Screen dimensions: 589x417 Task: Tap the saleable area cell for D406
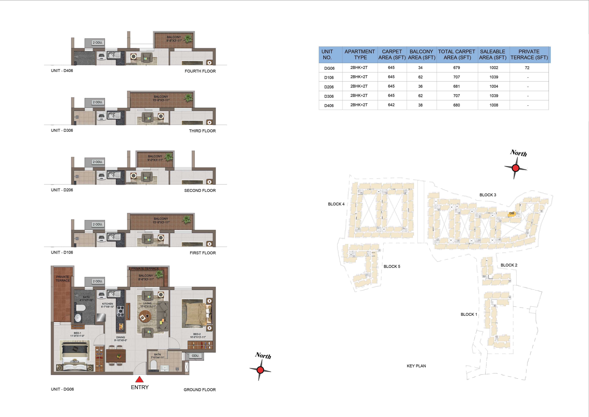(x=494, y=105)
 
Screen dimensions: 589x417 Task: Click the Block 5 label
(x=392, y=266)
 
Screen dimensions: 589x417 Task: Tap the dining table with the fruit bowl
(x=116, y=356)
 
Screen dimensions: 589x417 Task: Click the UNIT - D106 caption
(x=62, y=252)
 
